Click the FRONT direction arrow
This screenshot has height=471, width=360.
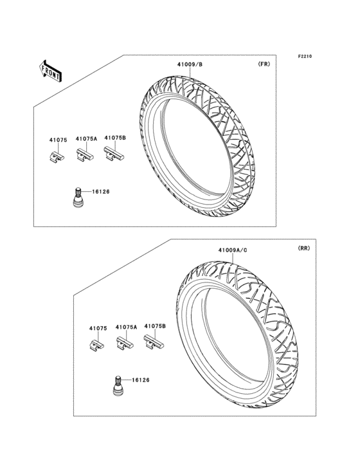click(50, 71)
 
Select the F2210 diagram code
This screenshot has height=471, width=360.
click(305, 56)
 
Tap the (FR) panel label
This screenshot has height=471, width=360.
click(264, 64)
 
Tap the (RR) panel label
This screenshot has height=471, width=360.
click(304, 248)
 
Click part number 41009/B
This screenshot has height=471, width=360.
click(190, 64)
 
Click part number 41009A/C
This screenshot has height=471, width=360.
click(233, 250)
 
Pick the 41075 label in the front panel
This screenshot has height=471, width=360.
click(59, 140)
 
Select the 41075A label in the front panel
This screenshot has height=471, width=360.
click(86, 139)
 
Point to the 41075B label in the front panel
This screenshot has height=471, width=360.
click(115, 138)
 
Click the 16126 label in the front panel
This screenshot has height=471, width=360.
click(101, 192)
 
